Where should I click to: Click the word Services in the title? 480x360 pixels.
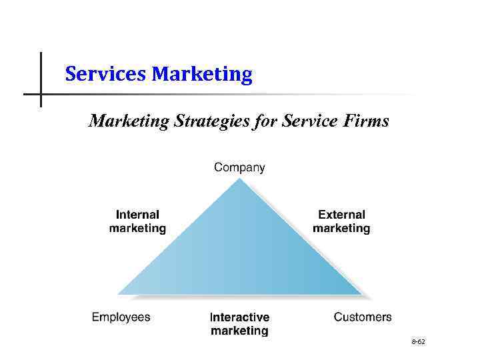(x=106, y=74)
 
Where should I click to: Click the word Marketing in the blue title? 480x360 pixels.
(x=202, y=74)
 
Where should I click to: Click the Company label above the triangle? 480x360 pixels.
(x=239, y=168)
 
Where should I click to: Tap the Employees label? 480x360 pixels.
(x=121, y=317)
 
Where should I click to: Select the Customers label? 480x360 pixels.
(x=363, y=317)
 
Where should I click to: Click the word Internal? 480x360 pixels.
(x=137, y=215)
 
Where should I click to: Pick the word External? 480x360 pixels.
(x=341, y=215)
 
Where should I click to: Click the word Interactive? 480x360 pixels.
(x=239, y=317)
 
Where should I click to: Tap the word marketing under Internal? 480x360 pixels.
(x=137, y=229)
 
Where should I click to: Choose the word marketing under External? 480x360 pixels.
(x=341, y=229)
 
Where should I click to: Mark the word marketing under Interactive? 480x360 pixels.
(x=239, y=331)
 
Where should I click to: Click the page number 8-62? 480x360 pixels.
(x=419, y=342)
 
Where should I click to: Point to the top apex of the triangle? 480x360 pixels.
(x=239, y=178)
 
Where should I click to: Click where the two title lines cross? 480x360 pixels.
(x=41, y=94)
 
